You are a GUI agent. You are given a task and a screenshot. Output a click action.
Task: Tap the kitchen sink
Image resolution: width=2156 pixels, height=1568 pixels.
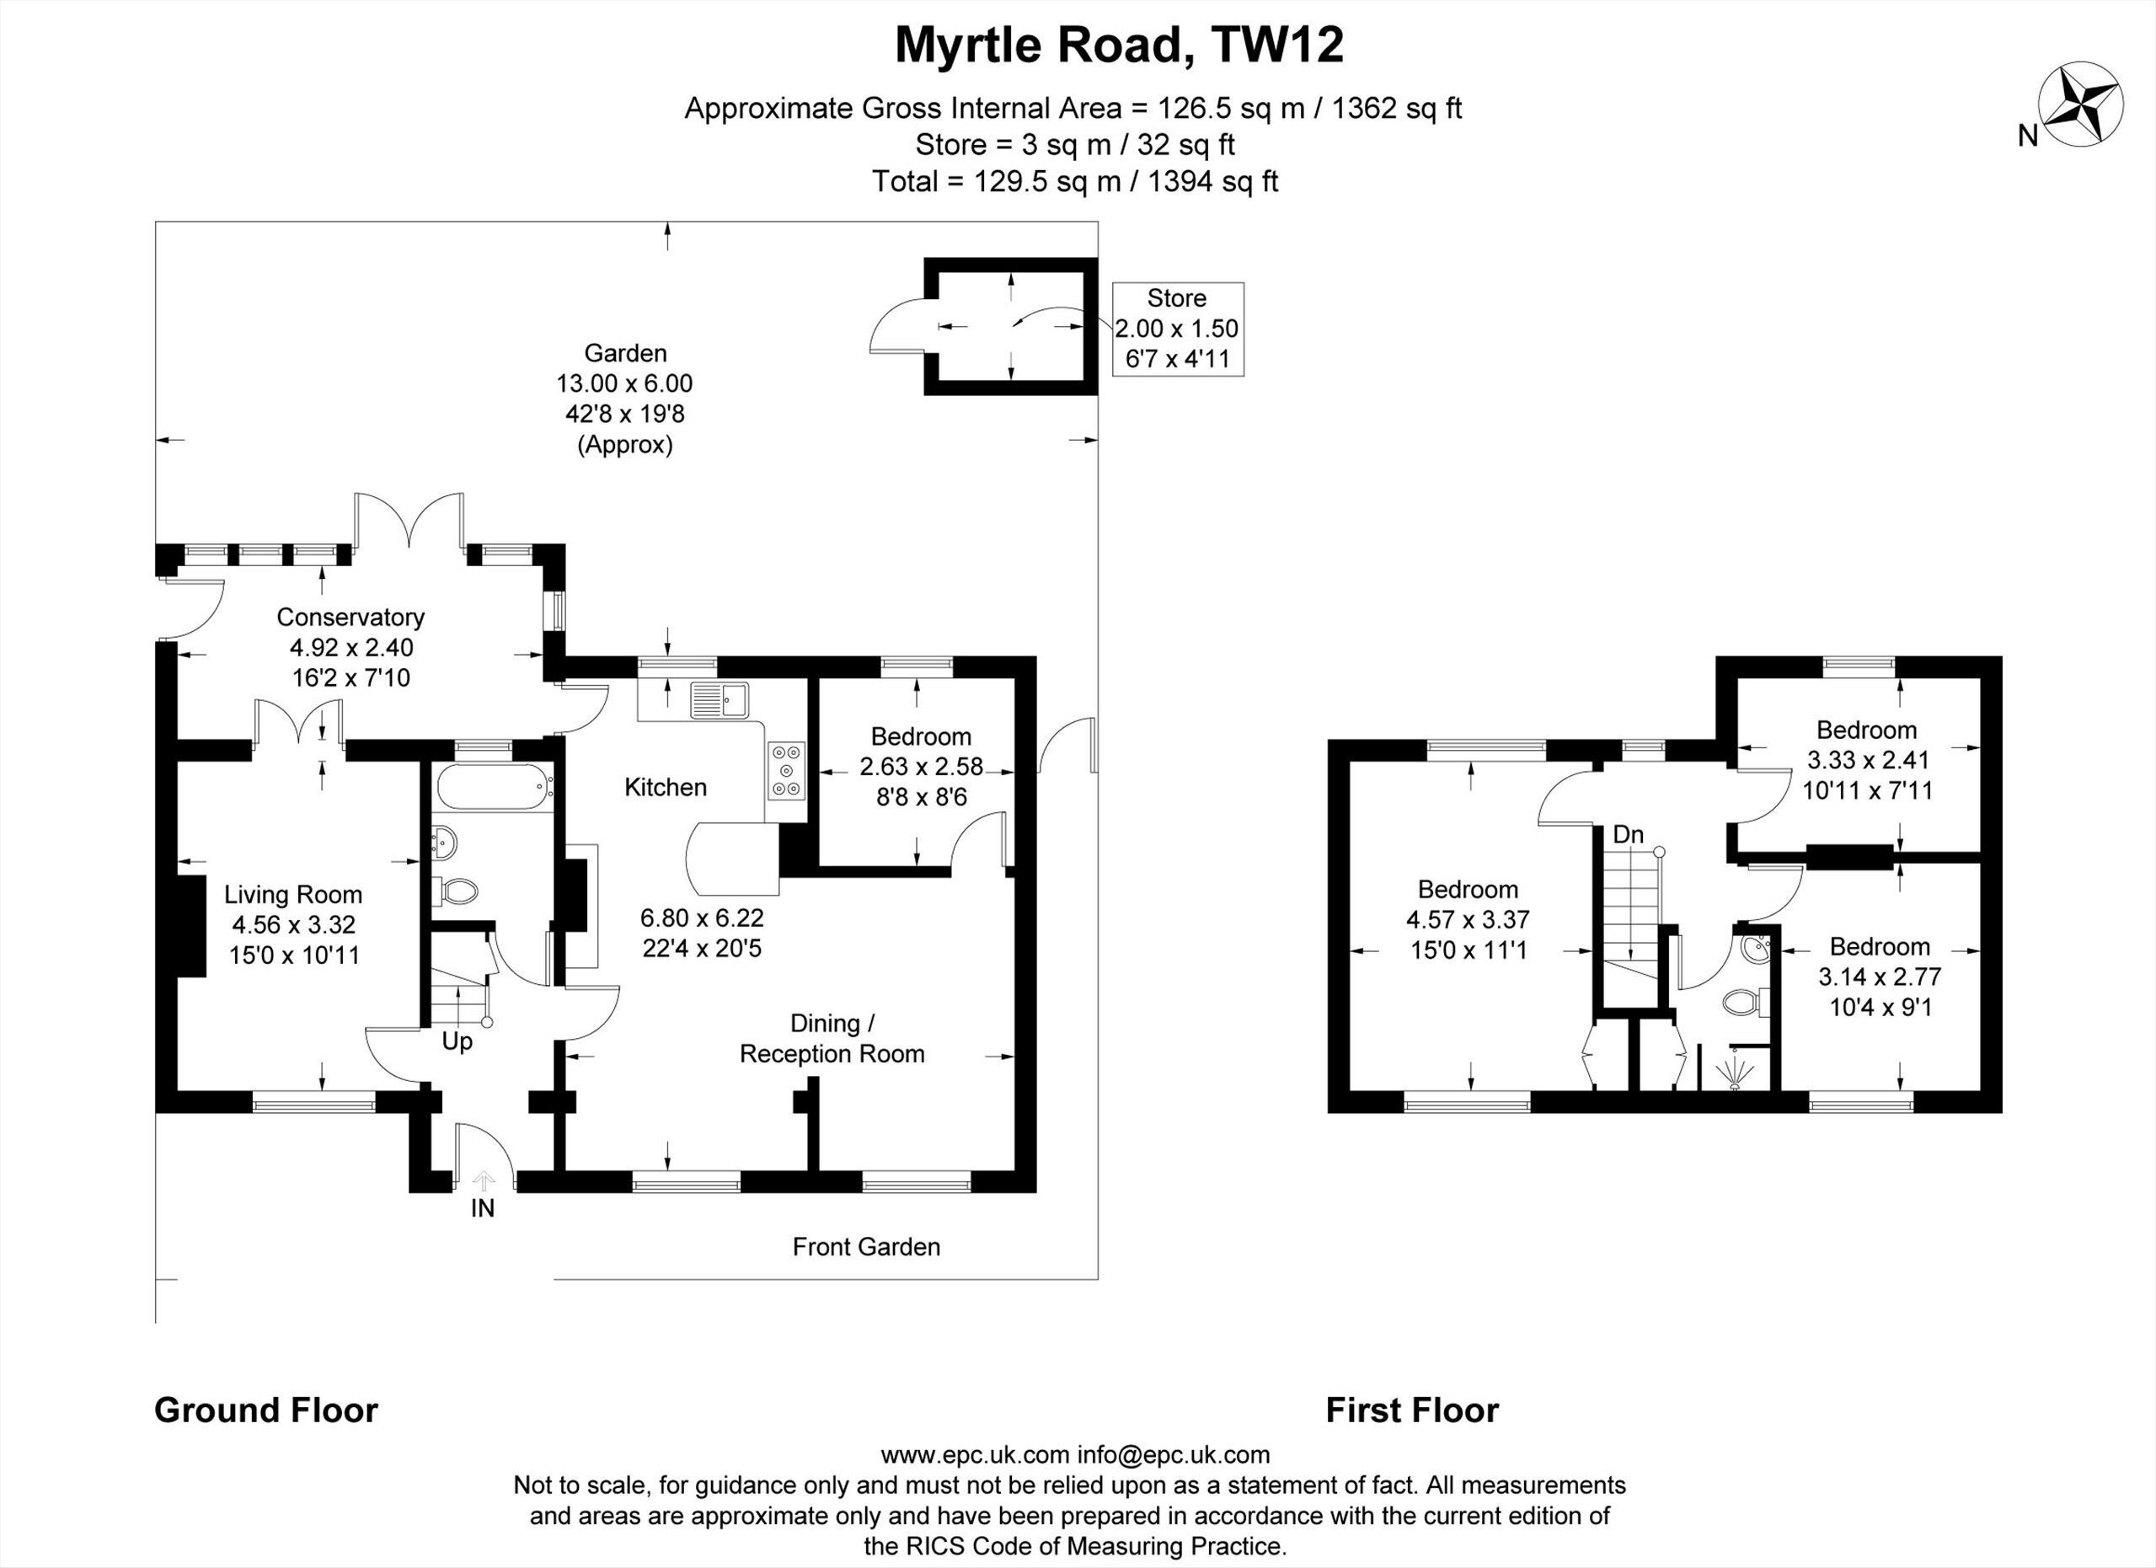(x=720, y=700)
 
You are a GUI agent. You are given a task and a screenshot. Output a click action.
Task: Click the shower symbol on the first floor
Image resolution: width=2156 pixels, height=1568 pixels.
(x=1736, y=1071)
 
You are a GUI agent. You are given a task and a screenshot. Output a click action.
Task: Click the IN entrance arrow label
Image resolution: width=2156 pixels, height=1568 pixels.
(x=483, y=1207)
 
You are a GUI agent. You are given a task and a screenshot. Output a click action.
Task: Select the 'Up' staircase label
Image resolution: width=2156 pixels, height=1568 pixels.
(x=457, y=1041)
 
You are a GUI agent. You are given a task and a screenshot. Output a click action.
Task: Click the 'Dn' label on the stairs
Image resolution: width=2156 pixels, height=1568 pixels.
(x=1629, y=835)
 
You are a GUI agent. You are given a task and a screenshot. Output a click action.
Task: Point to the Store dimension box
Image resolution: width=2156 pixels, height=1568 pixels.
(x=1177, y=329)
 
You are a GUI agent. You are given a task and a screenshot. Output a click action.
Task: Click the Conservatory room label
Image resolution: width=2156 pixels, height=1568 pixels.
(x=350, y=616)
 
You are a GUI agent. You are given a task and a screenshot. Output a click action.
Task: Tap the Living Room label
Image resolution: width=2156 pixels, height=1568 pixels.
(x=293, y=894)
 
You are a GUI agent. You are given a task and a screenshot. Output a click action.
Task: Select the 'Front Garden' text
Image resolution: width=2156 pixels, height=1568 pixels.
(x=866, y=1247)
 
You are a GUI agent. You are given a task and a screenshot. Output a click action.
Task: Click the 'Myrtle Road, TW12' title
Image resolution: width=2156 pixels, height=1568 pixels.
(x=1120, y=44)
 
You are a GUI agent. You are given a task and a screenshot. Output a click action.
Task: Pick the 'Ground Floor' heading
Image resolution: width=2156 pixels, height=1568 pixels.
(x=266, y=1410)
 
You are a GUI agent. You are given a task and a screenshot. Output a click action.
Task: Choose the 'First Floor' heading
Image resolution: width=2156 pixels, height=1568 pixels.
(x=1413, y=1410)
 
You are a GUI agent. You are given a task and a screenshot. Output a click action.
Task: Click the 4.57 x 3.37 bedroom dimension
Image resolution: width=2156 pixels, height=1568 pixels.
(x=1468, y=919)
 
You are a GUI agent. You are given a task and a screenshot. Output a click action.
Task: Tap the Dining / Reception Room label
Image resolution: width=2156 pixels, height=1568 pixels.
(x=832, y=1038)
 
